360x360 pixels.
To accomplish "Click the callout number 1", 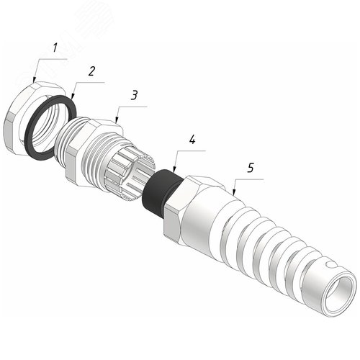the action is tap(55, 48).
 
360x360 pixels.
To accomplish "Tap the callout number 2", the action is tap(91, 71).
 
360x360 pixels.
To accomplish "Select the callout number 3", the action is tap(134, 95).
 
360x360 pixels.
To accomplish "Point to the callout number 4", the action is tap(192, 140).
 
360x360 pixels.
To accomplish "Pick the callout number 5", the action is tap(251, 168).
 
